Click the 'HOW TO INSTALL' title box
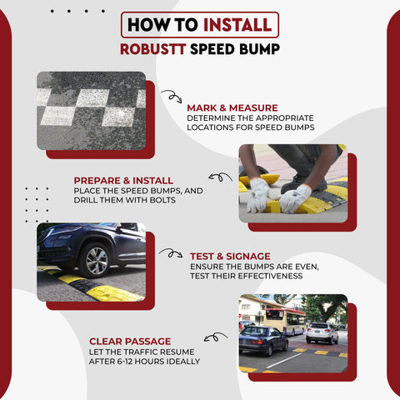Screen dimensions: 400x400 click(200, 25)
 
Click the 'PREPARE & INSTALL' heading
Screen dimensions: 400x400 click(123, 180)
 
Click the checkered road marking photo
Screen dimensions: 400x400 click(91, 110)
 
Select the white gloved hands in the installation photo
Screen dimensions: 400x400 click(278, 197)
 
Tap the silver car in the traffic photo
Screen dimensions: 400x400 click(322, 332)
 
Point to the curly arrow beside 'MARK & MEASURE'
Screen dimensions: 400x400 click(171, 97)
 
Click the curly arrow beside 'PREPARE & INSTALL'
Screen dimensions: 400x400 click(220, 177)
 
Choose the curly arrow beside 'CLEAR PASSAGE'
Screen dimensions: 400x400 click(215, 337)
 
